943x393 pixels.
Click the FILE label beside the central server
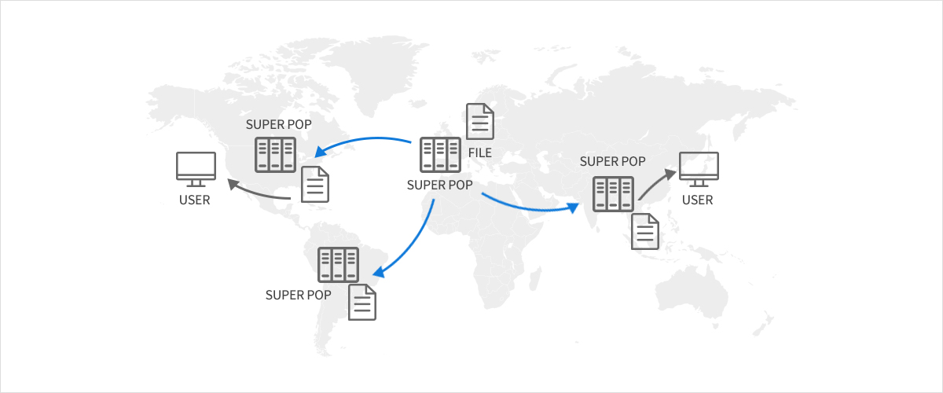pos(479,151)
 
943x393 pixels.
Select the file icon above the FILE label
pos(480,122)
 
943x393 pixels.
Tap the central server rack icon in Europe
pos(440,155)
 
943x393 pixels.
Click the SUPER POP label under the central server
pos(440,185)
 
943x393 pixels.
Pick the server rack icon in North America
pos(275,155)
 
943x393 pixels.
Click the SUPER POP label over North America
pos(279,124)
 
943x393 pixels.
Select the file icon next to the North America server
pos(315,184)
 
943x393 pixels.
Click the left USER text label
pos(195,200)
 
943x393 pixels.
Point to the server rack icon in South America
pos(338,265)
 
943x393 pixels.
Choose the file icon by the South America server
pos(362,302)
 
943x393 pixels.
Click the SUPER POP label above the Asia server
pos(612,162)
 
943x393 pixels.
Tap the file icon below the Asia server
pos(645,231)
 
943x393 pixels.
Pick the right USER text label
pos(698,200)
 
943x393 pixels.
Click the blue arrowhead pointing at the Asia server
pos(576,208)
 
